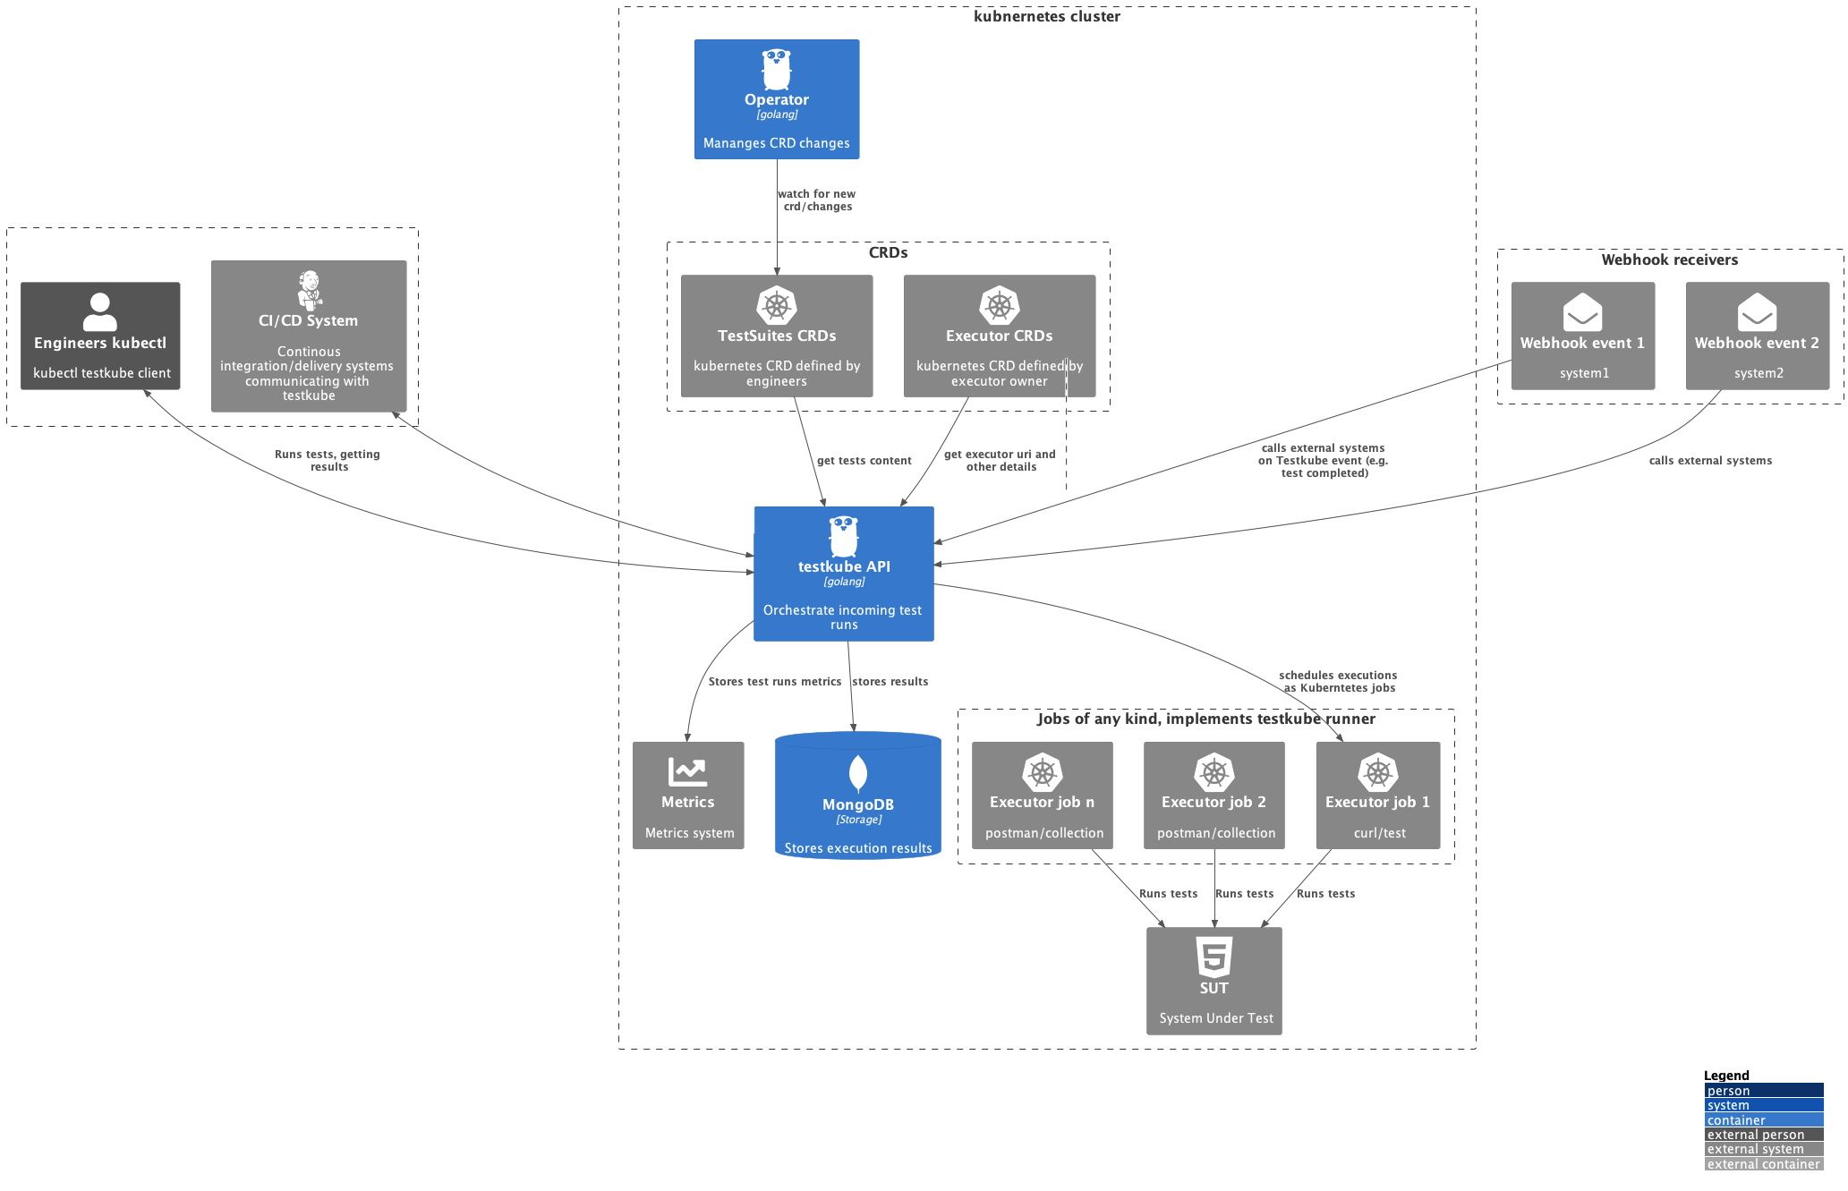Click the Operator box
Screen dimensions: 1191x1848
point(776,99)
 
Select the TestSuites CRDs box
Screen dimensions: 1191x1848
point(776,336)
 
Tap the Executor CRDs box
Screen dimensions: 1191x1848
point(999,336)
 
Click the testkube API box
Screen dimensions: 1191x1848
point(843,574)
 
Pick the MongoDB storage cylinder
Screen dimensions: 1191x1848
point(857,796)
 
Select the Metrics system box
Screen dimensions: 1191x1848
point(687,795)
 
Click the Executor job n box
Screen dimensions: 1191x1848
point(1042,795)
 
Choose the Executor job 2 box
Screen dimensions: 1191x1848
point(1214,795)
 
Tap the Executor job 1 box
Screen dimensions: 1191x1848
point(1377,795)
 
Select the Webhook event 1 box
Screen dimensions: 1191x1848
point(1582,336)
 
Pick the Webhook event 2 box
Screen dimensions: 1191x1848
point(1757,336)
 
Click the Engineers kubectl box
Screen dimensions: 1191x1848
point(100,336)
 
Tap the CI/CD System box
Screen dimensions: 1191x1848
point(308,336)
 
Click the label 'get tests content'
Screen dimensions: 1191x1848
point(864,461)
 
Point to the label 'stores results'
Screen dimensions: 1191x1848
point(890,682)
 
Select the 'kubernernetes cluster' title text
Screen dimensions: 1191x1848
point(1046,16)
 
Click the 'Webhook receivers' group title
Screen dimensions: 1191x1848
point(1669,259)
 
